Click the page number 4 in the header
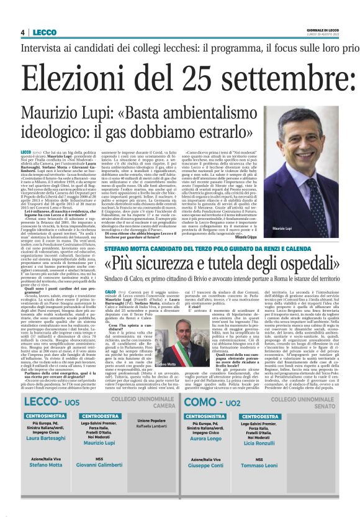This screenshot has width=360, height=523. coord(22,32)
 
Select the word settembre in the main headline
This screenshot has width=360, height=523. coord(290,78)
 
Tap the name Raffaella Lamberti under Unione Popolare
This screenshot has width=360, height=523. coord(152,427)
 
